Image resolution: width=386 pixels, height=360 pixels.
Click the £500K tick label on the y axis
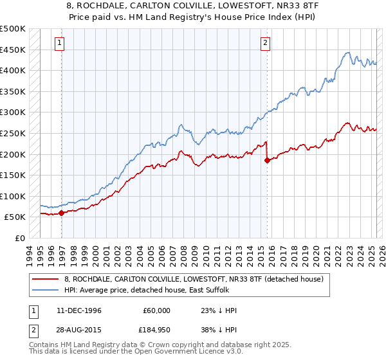13,29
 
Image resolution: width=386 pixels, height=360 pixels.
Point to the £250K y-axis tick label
13,133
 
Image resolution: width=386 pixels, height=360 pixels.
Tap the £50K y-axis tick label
15,217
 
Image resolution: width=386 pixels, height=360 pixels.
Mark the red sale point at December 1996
62,213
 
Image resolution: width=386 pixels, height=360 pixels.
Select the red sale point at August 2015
267,161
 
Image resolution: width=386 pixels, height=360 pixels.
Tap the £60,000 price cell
156,310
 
